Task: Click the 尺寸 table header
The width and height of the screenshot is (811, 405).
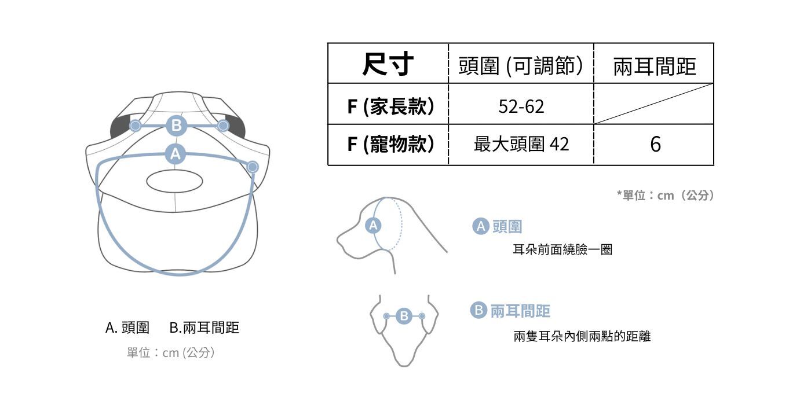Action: (x=388, y=64)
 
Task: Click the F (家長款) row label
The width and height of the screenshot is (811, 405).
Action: (x=390, y=106)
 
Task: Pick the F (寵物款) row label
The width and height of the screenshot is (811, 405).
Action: (x=390, y=144)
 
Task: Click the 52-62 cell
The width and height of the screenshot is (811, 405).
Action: (x=521, y=106)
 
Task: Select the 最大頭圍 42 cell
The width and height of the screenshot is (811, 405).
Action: (x=521, y=144)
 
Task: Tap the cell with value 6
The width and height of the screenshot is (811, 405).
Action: (x=655, y=144)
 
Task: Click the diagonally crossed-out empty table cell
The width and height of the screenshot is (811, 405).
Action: (x=654, y=104)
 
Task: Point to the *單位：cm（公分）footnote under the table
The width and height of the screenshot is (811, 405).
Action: (x=666, y=196)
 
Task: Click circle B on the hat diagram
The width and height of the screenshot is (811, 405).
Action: (x=177, y=125)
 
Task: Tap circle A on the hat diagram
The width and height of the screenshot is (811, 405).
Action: (x=175, y=153)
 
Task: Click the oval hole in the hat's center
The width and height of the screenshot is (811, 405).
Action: (x=174, y=181)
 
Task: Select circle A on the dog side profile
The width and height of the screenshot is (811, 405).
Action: (x=374, y=225)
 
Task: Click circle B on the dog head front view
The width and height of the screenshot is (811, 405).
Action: (x=404, y=316)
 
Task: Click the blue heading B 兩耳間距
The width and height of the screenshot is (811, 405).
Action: (x=510, y=311)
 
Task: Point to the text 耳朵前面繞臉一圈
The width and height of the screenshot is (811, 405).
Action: (x=562, y=250)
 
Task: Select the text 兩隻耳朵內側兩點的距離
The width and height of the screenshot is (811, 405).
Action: (x=582, y=336)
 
